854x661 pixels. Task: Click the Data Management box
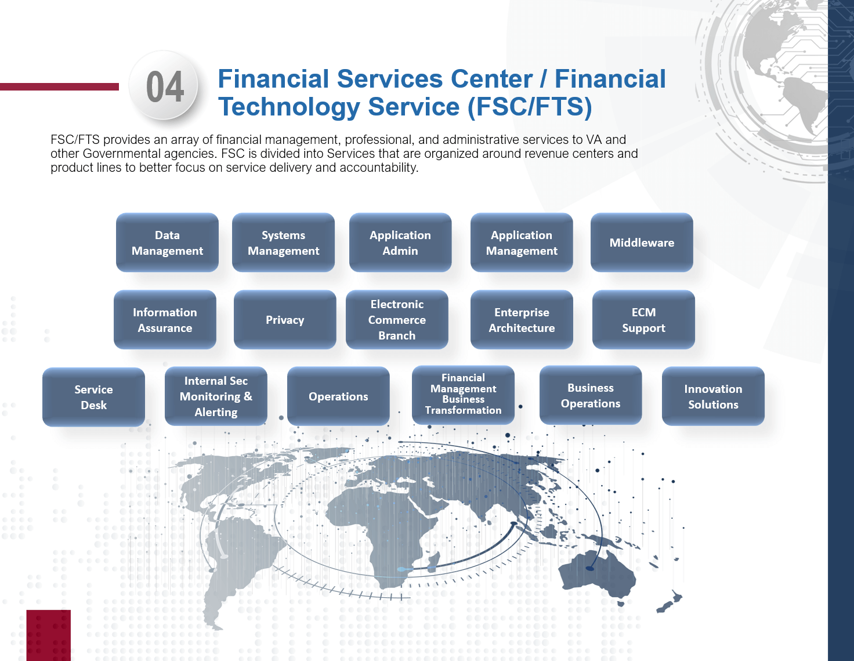(167, 243)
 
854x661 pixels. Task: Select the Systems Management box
(283, 243)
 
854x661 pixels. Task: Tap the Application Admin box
(400, 243)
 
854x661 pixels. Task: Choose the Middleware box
(642, 243)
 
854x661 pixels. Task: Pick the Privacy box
(285, 320)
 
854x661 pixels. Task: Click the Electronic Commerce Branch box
(397, 320)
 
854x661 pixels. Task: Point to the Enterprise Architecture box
(522, 320)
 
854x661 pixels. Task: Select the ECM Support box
(643, 320)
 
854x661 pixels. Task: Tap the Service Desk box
(93, 397)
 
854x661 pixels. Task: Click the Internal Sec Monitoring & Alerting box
(216, 396)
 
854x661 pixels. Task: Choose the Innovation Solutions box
(713, 396)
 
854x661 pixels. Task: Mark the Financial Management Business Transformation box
(463, 395)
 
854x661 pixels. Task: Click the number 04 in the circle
(165, 87)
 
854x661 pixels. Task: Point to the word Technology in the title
(290, 107)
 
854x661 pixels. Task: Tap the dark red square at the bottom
(48, 635)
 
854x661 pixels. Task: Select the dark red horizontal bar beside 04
(59, 87)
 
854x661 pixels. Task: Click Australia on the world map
(598, 575)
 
